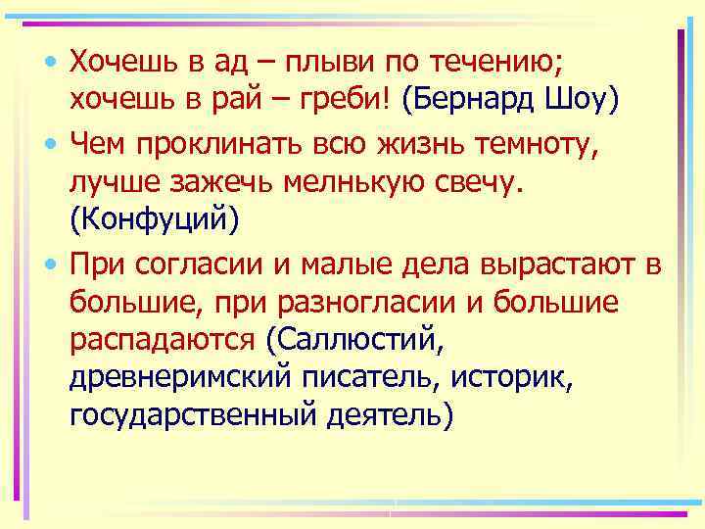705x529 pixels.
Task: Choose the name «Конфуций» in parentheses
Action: [x=155, y=220]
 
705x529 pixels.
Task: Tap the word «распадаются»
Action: [x=163, y=340]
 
